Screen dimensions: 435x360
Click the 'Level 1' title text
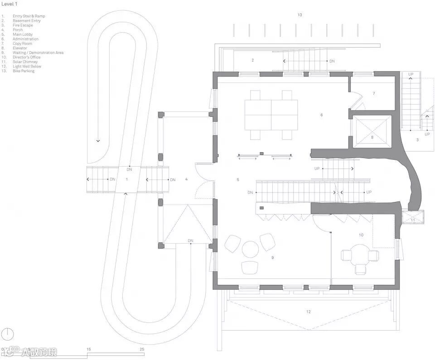pyautogui.click(x=10, y=4)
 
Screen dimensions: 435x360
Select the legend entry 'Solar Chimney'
pyautogui.click(x=25, y=62)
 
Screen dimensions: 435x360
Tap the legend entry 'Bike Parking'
pyautogui.click(x=24, y=71)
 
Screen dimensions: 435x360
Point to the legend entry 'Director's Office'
pyautogui.click(x=26, y=57)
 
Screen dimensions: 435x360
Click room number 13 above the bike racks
pyautogui.click(x=300, y=15)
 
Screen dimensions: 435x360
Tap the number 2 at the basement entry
pyautogui.click(x=252, y=60)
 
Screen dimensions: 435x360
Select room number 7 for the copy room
pyautogui.click(x=374, y=94)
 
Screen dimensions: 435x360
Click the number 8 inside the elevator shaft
pyautogui.click(x=372, y=137)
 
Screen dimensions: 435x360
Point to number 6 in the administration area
pyautogui.click(x=322, y=115)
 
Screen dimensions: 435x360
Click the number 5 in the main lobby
pyautogui.click(x=238, y=180)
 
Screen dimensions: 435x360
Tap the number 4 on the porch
pyautogui.click(x=186, y=179)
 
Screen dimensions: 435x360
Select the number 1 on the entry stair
pyautogui.click(x=127, y=179)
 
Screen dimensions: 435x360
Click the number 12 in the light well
pyautogui.click(x=309, y=312)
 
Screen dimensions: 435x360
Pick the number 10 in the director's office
pyautogui.click(x=361, y=235)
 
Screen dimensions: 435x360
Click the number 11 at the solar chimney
pyautogui.click(x=413, y=220)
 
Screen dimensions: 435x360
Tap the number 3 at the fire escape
pyautogui.click(x=417, y=140)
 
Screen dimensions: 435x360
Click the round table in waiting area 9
pyautogui.click(x=250, y=249)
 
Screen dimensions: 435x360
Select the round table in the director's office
pyautogui.click(x=360, y=253)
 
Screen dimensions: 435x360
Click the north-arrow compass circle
pyautogui.click(x=8, y=335)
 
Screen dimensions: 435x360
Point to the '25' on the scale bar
pyautogui.click(x=142, y=349)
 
